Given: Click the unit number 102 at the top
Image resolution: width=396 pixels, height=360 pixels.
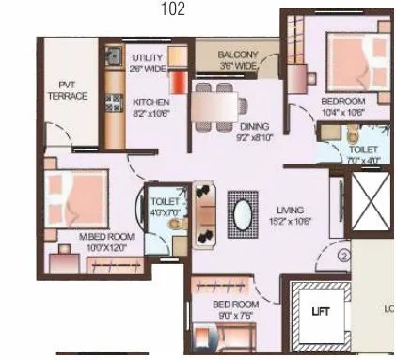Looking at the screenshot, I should (173, 8).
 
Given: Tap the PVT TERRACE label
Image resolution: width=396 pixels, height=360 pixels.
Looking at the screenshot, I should (68, 89).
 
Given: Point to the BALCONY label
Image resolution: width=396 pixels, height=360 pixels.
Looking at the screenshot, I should (237, 55).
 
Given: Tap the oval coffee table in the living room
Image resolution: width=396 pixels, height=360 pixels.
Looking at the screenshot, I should (242, 212).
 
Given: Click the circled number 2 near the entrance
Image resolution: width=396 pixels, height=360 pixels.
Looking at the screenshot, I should (344, 255).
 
